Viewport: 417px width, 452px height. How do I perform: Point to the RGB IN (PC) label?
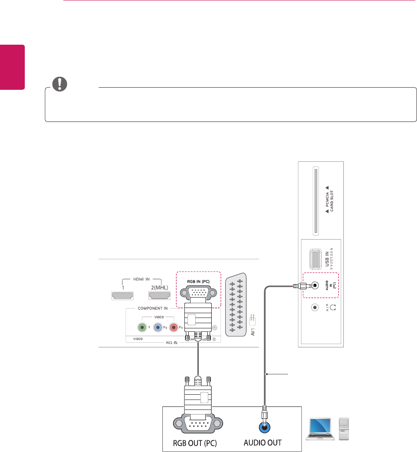[198, 281]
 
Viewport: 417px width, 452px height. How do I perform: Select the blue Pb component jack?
[158, 328]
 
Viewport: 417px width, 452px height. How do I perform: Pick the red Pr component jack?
[174, 328]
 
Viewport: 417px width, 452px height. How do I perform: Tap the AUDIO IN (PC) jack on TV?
[315, 286]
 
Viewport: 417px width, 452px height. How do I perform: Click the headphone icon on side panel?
[333, 308]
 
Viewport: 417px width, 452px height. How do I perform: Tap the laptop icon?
[319, 429]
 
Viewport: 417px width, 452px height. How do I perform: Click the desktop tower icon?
[343, 429]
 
